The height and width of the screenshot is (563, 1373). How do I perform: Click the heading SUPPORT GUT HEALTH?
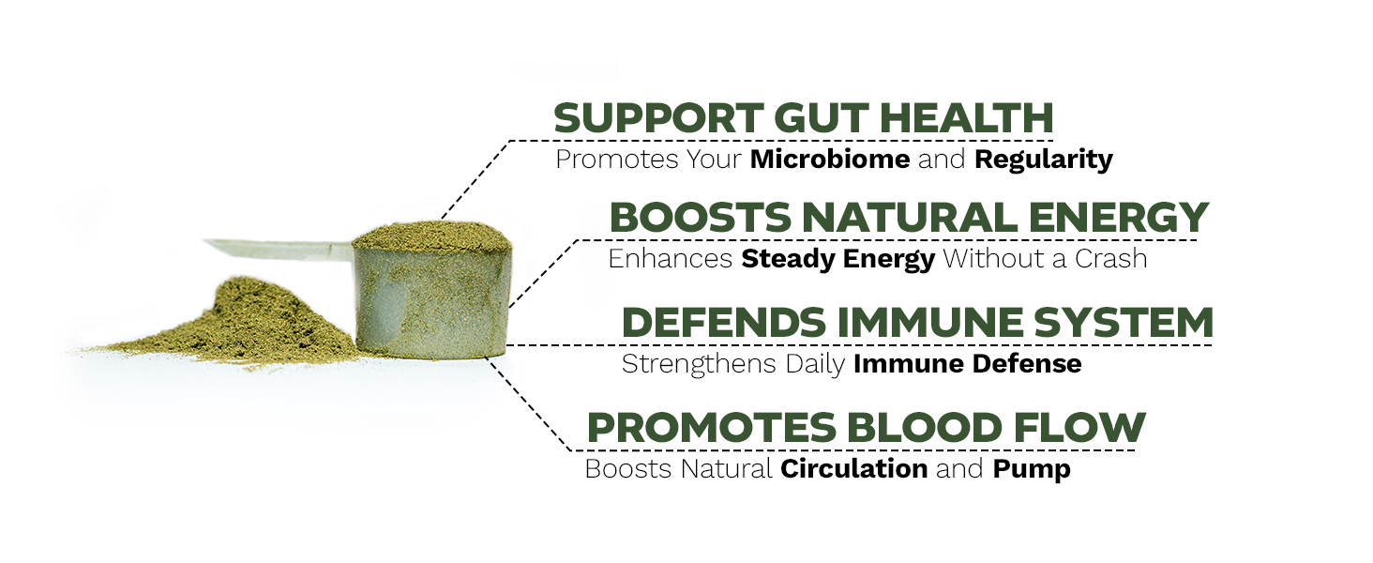[x=803, y=119]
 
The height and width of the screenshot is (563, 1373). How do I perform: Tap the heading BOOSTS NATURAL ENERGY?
[x=908, y=219]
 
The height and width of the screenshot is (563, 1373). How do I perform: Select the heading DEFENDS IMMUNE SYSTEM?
[x=916, y=324]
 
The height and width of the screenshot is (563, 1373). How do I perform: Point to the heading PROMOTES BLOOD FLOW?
[x=865, y=429]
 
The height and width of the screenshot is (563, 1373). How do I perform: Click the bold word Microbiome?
[x=829, y=160]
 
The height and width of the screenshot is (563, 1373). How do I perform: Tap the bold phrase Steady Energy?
[x=837, y=259]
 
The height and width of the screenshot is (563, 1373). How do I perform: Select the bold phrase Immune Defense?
[x=967, y=364]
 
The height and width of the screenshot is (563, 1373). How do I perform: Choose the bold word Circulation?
[x=853, y=469]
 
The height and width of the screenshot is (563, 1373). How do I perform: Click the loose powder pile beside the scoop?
[x=244, y=324]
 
